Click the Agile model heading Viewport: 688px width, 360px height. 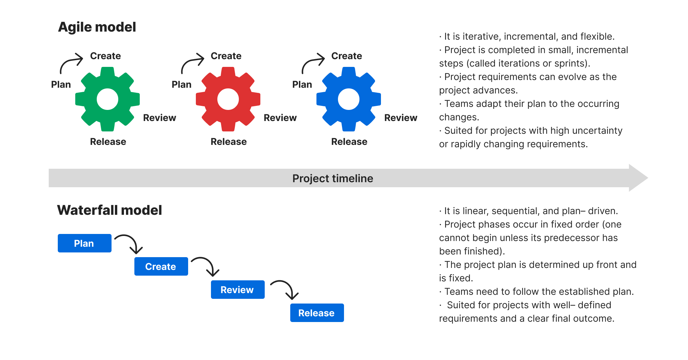tap(97, 27)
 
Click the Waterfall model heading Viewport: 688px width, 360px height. tap(110, 210)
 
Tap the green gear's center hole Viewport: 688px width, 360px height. tap(107, 99)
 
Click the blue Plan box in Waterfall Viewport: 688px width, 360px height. tap(84, 243)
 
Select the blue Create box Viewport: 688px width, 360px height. tap(161, 267)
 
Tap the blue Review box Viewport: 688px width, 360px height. tap(238, 290)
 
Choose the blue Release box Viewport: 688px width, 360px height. tap(317, 313)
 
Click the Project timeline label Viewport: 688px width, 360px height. tap(333, 178)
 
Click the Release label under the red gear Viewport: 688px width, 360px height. tap(228, 142)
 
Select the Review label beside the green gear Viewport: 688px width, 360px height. tap(160, 118)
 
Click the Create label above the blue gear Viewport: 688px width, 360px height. tap(346, 56)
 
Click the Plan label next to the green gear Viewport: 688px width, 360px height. tap(61, 84)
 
